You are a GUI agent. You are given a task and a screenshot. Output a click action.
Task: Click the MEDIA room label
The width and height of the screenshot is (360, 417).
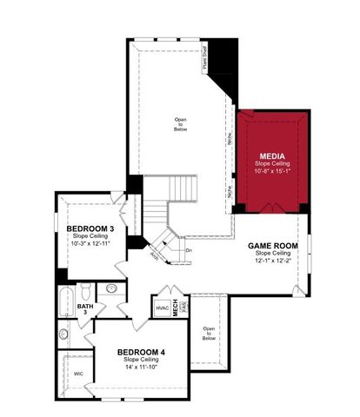pyautogui.click(x=274, y=156)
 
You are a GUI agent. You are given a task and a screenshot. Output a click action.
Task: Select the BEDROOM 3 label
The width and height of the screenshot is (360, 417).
pyautogui.click(x=90, y=228)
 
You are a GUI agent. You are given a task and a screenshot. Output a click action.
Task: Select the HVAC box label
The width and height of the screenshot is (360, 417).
pyautogui.click(x=163, y=307)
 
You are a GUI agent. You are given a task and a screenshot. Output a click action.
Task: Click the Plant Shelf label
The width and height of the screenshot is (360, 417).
pyautogui.click(x=205, y=58)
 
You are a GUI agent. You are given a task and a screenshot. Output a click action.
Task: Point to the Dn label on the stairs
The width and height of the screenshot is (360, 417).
pyautogui.click(x=188, y=250)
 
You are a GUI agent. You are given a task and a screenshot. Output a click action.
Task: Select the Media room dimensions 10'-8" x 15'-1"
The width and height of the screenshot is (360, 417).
pyautogui.click(x=274, y=171)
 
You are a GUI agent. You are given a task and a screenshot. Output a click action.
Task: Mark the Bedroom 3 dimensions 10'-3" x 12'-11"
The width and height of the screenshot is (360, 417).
pyautogui.click(x=90, y=243)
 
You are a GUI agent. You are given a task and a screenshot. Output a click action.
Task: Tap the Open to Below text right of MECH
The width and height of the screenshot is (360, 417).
pyautogui.click(x=208, y=333)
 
